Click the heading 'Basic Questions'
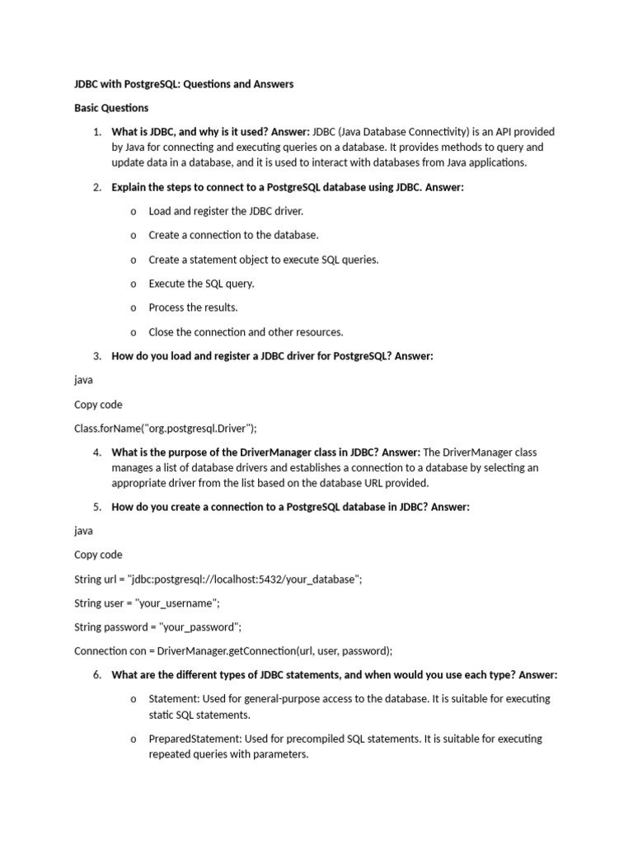coord(111,108)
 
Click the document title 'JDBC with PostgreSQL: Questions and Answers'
coord(184,84)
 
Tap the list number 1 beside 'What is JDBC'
coord(96,132)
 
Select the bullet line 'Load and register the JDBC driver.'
coord(226,211)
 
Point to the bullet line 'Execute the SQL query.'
coord(201,284)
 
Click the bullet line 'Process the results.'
coord(193,307)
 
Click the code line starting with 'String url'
coord(218,579)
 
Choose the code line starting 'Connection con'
coord(233,651)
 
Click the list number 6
coord(96,675)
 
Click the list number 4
coord(96,452)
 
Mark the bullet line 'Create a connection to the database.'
coord(233,235)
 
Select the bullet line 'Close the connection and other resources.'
coord(246,332)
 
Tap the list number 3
coord(96,356)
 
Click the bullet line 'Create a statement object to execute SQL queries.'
coord(264,260)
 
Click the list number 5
coord(96,507)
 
